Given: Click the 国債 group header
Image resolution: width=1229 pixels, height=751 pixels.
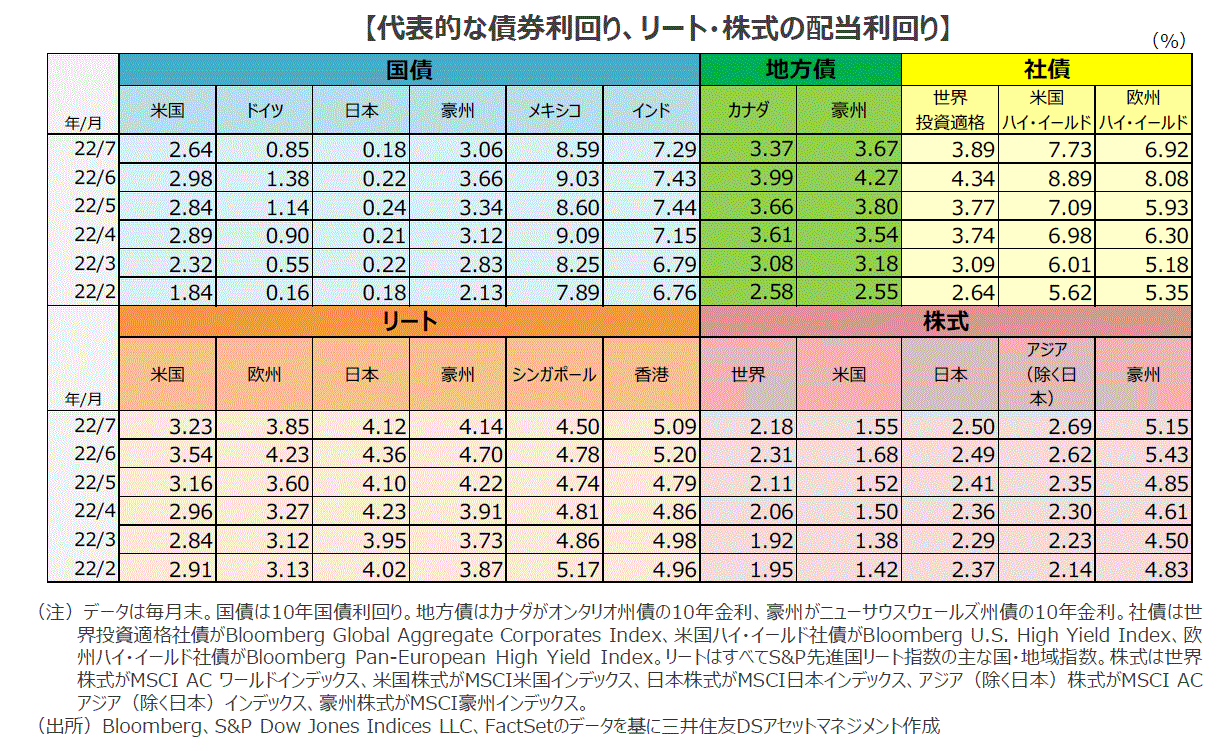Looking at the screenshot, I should click(409, 70).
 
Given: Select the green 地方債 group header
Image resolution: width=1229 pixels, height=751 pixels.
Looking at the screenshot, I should click(800, 70).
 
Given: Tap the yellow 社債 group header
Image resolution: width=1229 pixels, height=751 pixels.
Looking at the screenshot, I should click(1047, 70).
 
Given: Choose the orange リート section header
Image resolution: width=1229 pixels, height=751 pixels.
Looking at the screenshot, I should click(409, 321).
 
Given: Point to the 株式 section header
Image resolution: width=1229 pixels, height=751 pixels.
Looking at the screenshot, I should click(946, 321).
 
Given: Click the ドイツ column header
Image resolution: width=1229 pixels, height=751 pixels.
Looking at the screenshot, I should click(264, 111).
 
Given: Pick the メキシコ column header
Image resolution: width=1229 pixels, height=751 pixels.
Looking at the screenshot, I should click(554, 111).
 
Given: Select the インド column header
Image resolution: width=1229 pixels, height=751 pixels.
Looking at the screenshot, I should click(651, 111).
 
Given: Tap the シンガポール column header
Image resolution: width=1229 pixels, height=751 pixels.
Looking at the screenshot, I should click(554, 374).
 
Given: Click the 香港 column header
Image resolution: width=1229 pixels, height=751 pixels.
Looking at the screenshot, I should click(651, 374).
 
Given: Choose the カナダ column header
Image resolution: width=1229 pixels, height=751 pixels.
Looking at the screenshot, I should click(748, 111).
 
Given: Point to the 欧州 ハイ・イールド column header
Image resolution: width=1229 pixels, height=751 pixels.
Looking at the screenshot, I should click(1143, 111).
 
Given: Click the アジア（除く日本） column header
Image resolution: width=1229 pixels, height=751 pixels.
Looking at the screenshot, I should click(1046, 374).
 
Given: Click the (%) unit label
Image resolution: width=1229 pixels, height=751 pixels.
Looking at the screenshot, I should click(1168, 41).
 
